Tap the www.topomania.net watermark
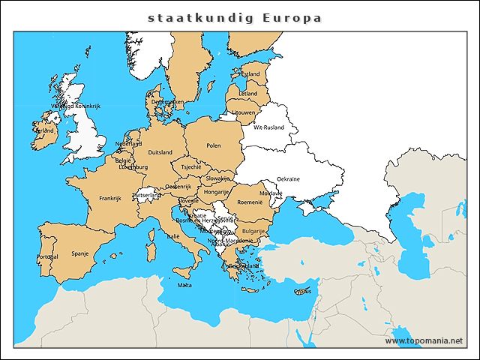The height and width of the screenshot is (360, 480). point(424,340)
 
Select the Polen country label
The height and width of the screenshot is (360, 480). point(214,145)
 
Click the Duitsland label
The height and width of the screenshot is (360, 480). point(160,152)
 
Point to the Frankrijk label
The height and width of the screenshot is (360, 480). point(109,199)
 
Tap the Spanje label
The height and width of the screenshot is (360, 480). point(79,253)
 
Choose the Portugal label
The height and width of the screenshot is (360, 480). point(46,257)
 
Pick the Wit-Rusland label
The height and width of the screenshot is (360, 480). point(268,127)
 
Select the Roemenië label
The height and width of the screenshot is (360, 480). point(250,202)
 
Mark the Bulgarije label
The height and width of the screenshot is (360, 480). point(253,231)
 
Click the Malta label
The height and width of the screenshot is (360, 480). point(184,285)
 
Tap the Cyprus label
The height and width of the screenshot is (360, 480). point(303,291)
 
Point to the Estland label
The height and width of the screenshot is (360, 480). point(250,74)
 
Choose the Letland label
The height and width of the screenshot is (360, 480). point(247,94)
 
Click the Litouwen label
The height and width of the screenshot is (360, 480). point(243,112)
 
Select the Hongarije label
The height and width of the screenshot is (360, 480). point(216,193)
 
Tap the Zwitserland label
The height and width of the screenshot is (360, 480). point(145,195)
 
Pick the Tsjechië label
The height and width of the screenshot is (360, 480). point(191,166)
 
